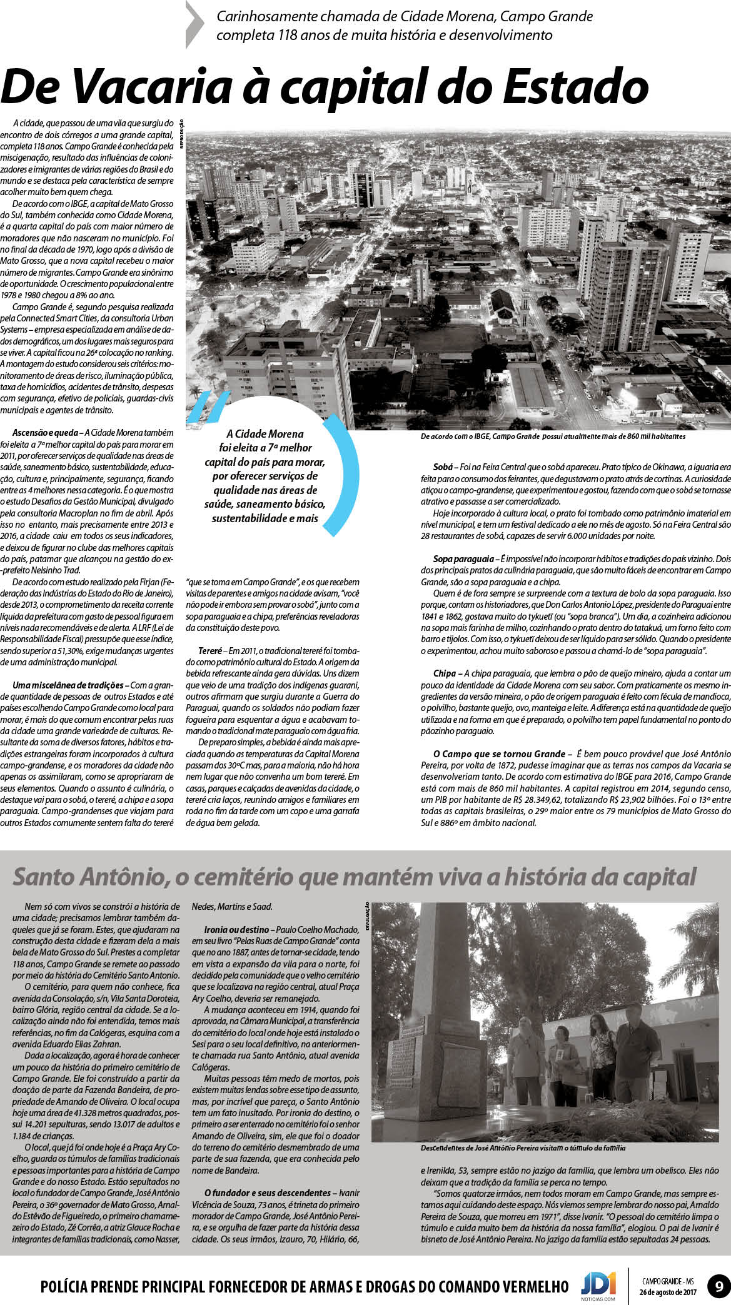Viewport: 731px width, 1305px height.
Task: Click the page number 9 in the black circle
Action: coord(718,1287)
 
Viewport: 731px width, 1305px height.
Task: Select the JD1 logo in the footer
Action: coord(598,1284)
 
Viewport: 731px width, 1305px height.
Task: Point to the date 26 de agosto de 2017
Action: coord(667,1292)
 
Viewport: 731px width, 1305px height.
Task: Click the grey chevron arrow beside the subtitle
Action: coord(195,25)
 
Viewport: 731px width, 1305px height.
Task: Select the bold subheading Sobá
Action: coord(443,467)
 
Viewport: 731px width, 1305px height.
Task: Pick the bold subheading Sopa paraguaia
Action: coord(463,557)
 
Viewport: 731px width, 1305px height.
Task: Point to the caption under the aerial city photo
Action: coord(553,436)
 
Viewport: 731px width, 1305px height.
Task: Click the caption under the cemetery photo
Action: coord(523,1148)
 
